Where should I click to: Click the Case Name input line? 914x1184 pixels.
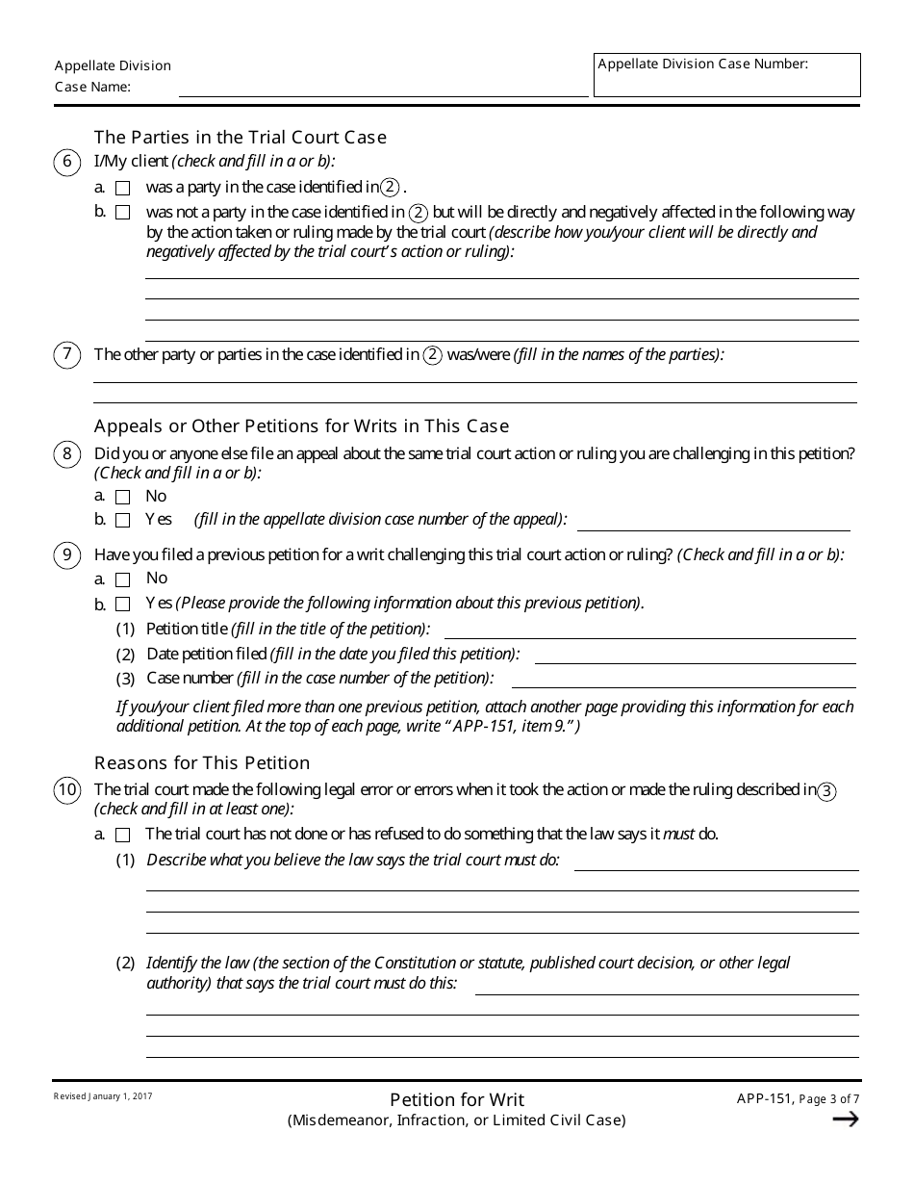pyautogui.click(x=383, y=88)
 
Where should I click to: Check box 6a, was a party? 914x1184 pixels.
pyautogui.click(x=122, y=188)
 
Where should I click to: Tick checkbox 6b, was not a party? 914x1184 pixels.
pyautogui.click(x=122, y=213)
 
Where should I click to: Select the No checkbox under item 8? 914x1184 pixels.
pyautogui.click(x=122, y=498)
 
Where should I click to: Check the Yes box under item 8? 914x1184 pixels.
pyautogui.click(x=122, y=521)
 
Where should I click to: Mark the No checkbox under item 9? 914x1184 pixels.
pyautogui.click(x=122, y=579)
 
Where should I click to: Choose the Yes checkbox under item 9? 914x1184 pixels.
pyautogui.click(x=122, y=605)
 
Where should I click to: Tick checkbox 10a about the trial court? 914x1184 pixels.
pyautogui.click(x=122, y=836)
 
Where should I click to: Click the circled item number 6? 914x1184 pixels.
pyautogui.click(x=66, y=162)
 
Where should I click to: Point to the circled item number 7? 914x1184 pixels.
pyautogui.click(x=66, y=354)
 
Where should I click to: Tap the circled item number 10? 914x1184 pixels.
pyautogui.click(x=66, y=791)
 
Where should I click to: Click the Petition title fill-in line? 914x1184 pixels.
pyautogui.click(x=649, y=630)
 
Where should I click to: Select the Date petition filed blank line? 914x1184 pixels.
pyautogui.click(x=695, y=655)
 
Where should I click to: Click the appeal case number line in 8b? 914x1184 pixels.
pyautogui.click(x=713, y=522)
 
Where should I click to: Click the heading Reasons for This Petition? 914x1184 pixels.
pyautogui.click(x=202, y=763)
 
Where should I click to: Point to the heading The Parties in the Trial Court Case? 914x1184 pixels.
pyautogui.click(x=240, y=137)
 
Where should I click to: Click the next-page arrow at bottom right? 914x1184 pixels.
pyautogui.click(x=844, y=1119)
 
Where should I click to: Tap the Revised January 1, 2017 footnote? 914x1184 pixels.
pyautogui.click(x=103, y=1096)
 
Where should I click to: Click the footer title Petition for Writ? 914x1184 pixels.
pyautogui.click(x=457, y=1099)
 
